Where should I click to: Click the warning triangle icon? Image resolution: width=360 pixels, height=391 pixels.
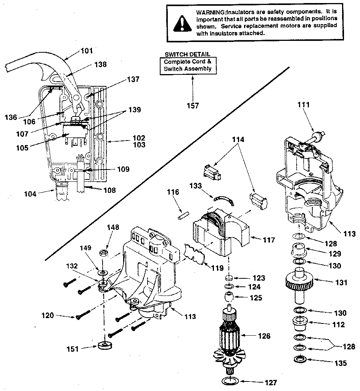tap(182, 23)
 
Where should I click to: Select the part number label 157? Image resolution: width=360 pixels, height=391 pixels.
tap(193, 105)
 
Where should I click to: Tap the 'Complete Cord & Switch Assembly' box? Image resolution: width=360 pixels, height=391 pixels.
tap(187, 65)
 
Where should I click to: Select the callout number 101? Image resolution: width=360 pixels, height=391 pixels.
tap(87, 50)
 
